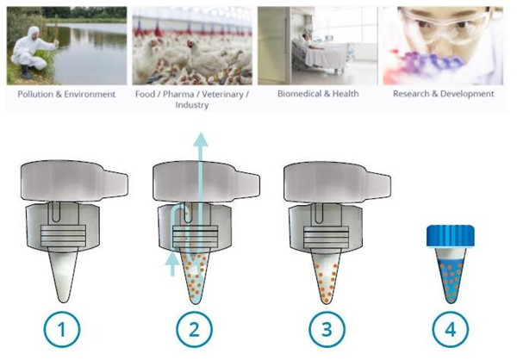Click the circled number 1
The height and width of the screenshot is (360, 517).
click(x=62, y=329)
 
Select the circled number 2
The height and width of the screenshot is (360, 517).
click(x=194, y=329)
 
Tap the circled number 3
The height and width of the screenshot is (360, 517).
click(x=327, y=329)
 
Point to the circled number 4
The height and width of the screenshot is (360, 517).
click(x=451, y=329)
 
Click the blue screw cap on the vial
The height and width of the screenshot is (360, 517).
click(x=451, y=236)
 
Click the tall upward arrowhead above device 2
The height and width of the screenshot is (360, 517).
click(x=201, y=139)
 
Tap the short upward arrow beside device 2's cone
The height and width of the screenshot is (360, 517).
click(x=172, y=264)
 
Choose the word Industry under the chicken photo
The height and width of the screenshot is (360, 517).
click(x=192, y=105)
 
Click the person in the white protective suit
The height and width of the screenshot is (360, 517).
click(x=31, y=53)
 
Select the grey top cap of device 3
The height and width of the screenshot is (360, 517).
click(x=337, y=182)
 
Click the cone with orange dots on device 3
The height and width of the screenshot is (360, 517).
click(x=327, y=276)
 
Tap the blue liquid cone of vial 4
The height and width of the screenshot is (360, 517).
click(x=451, y=276)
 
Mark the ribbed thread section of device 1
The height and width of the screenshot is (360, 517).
click(x=63, y=236)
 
